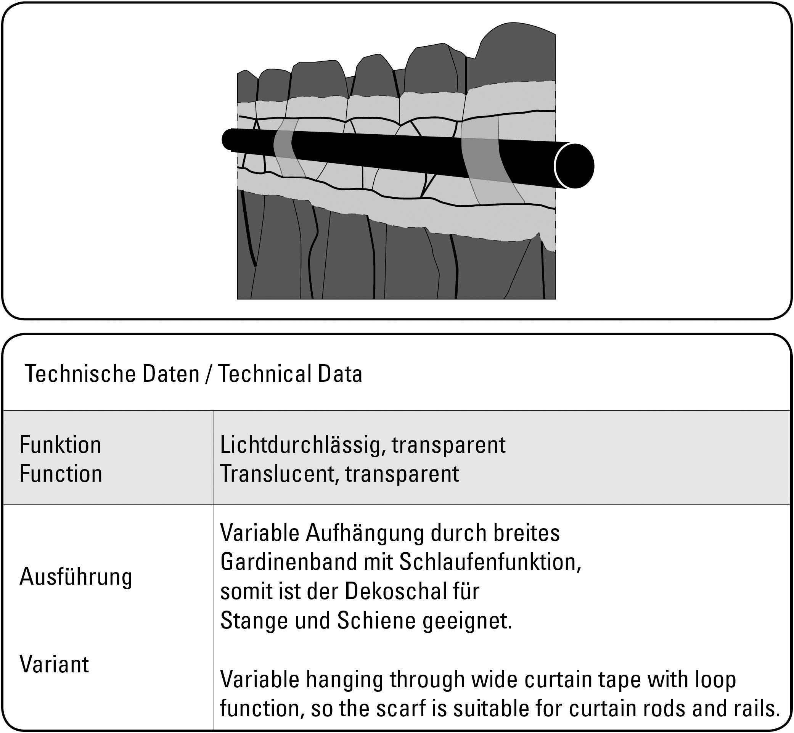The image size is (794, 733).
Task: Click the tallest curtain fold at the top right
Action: [516, 51]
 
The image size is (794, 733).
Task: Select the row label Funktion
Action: [60, 445]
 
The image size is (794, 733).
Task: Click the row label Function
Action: [61, 474]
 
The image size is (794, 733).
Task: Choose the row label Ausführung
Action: [76, 577]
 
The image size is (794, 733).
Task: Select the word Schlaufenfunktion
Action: [490, 562]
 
